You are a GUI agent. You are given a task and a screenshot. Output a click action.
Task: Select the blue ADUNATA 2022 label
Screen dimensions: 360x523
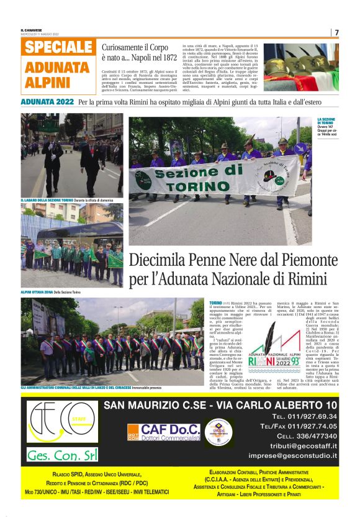47,101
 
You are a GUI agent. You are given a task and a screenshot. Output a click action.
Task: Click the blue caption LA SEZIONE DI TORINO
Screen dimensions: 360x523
327,122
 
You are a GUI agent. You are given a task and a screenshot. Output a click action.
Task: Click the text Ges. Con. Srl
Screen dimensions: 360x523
61,455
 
